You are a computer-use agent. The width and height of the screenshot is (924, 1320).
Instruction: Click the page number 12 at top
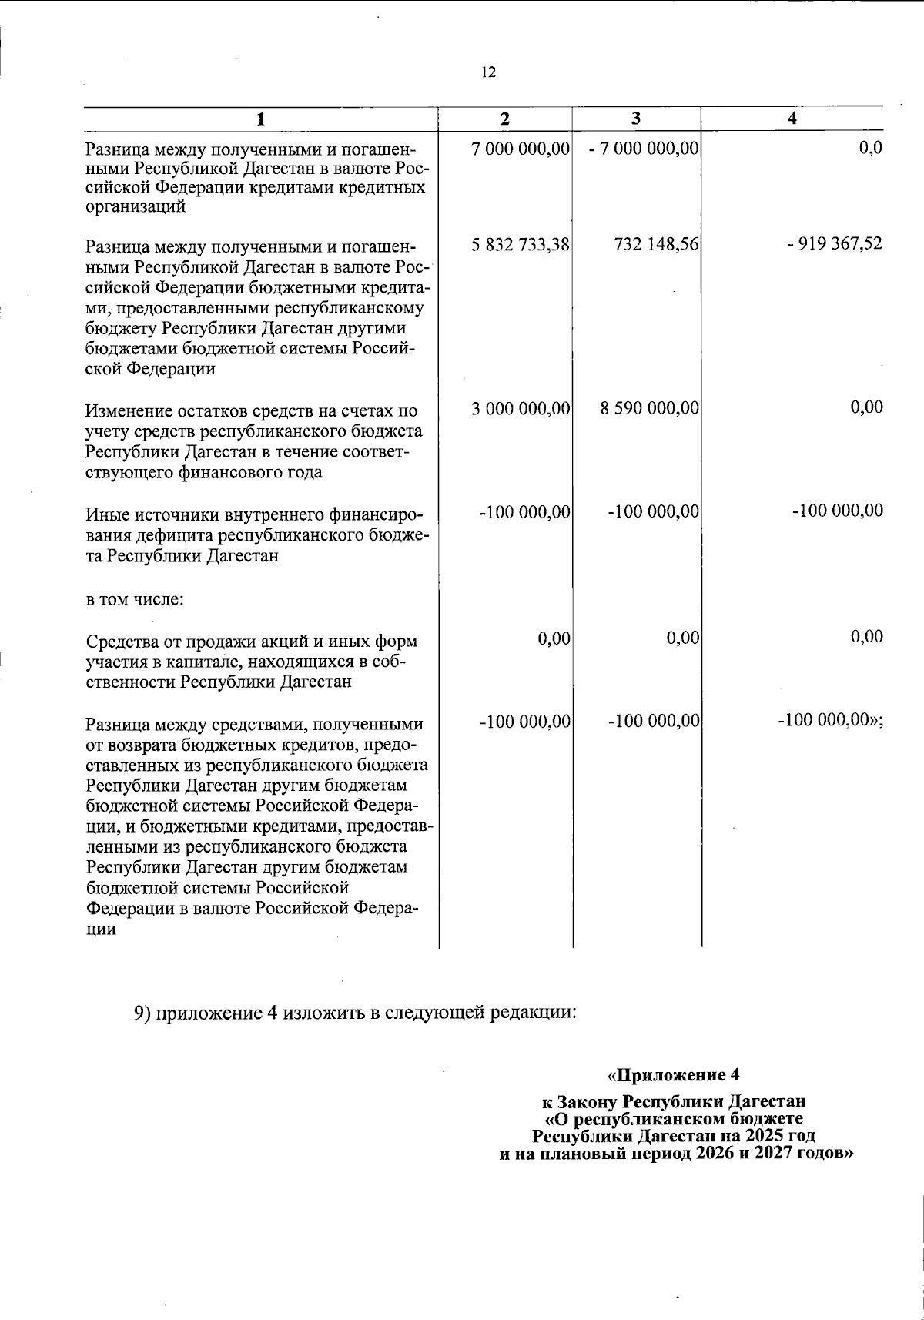tap(488, 72)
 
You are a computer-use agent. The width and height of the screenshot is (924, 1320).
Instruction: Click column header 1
tap(261, 119)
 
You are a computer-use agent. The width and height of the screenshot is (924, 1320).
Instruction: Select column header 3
tap(636, 119)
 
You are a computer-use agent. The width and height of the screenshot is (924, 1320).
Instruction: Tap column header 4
tap(792, 119)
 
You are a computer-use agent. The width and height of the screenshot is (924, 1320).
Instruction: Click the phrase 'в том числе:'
tap(134, 598)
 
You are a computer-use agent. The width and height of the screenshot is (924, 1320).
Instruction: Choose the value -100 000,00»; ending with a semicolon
tap(830, 722)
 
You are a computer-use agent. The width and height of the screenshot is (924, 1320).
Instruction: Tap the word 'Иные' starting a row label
tap(105, 513)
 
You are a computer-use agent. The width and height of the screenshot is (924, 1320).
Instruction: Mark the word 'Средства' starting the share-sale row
tap(122, 642)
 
